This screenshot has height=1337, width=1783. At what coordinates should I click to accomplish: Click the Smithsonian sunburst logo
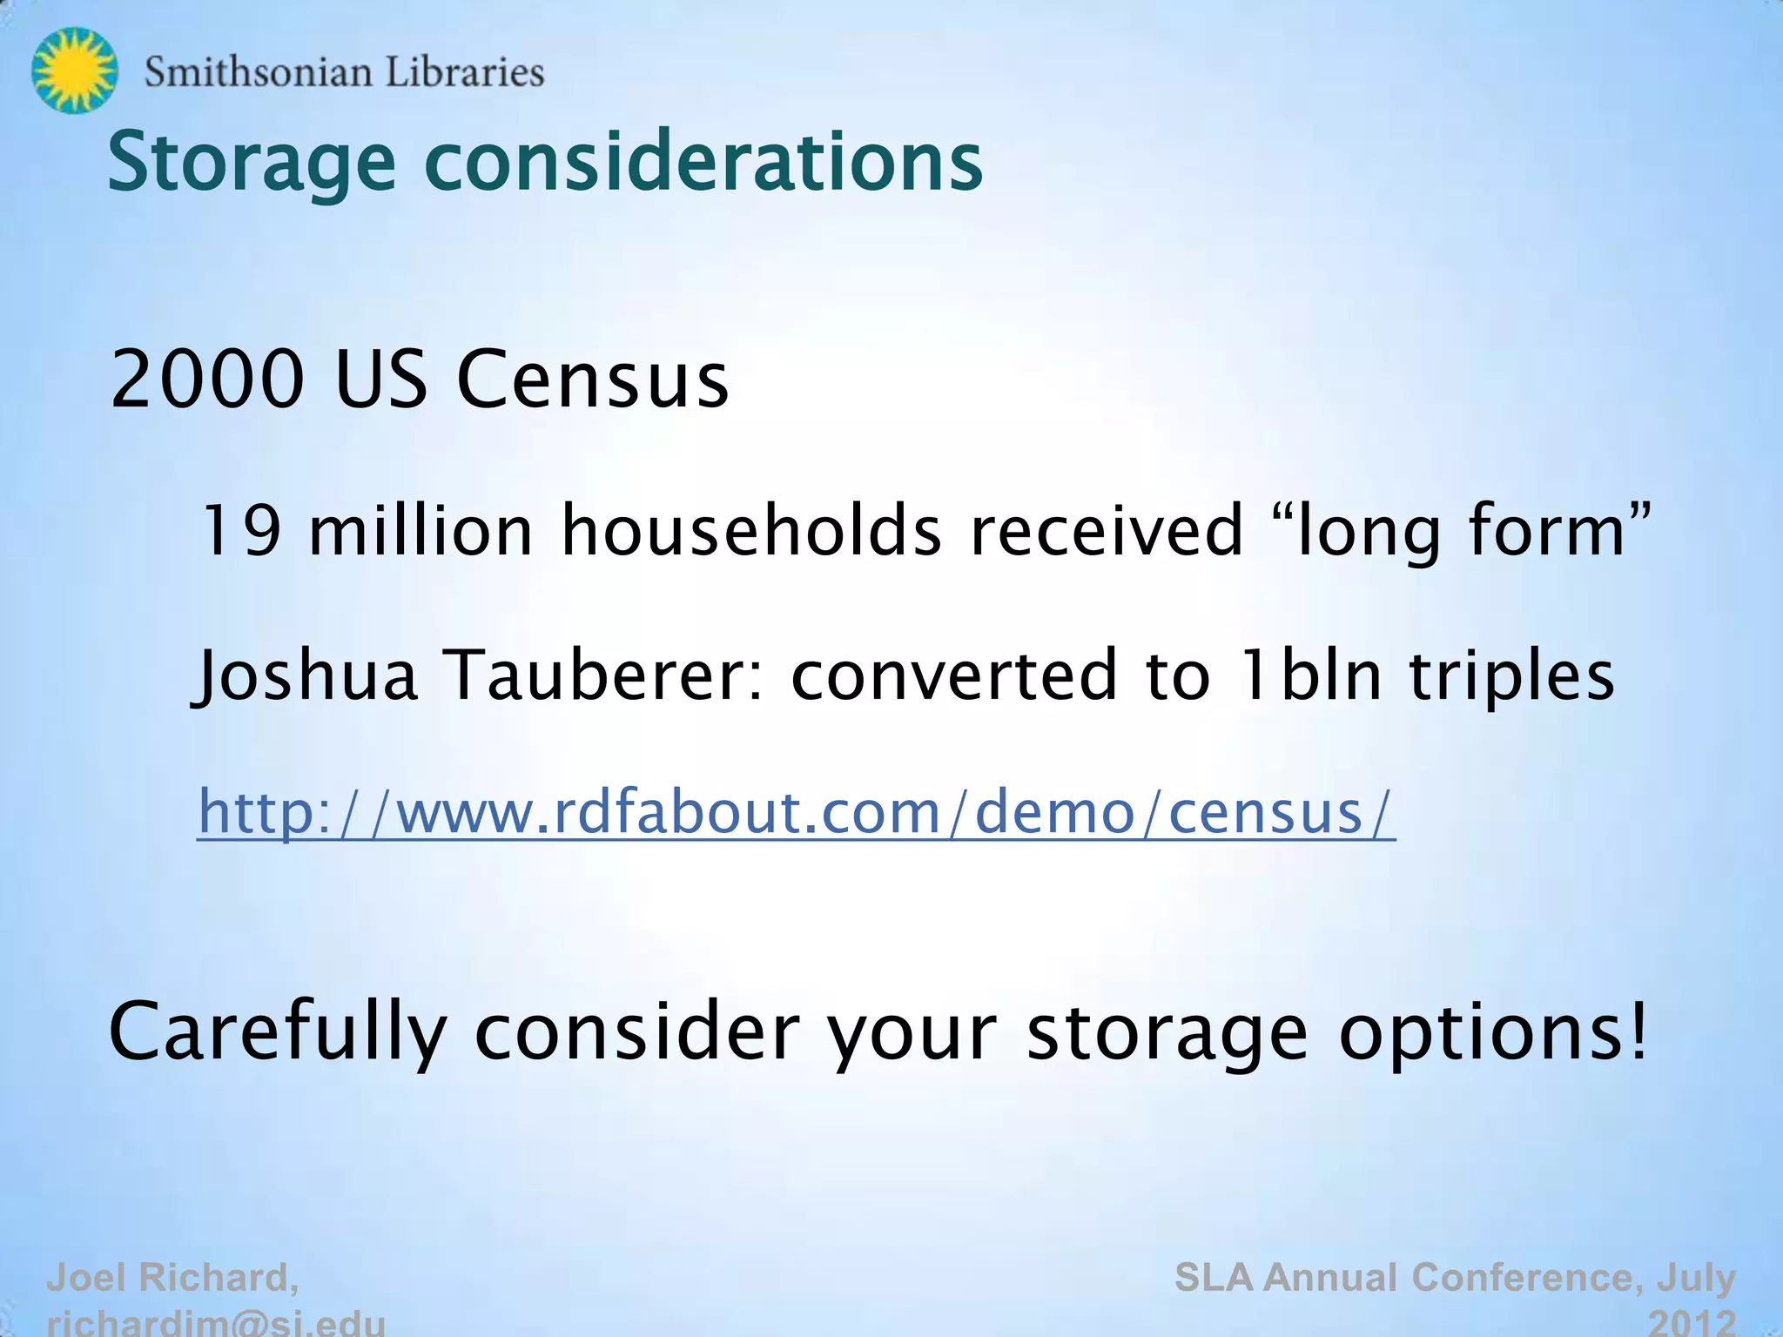coord(74,71)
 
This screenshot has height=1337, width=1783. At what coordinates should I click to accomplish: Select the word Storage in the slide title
coord(251,163)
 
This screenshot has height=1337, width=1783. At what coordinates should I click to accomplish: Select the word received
coord(1107,530)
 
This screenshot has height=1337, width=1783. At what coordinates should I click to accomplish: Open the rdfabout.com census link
coord(796,812)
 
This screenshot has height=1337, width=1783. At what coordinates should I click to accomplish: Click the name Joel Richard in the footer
coord(172,1278)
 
